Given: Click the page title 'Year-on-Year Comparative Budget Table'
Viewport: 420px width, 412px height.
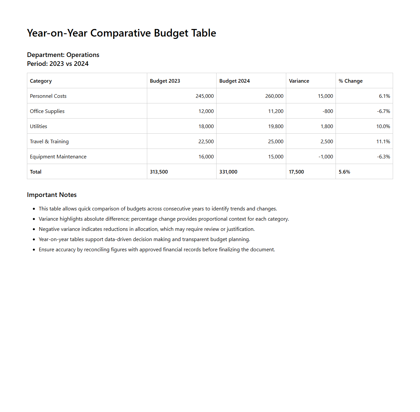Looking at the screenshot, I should point(121,33).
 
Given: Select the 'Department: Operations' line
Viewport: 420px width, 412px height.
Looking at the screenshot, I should point(63,55).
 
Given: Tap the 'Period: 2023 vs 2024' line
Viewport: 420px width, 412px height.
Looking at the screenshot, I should point(58,64).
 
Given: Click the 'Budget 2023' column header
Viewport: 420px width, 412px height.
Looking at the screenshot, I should point(165,81).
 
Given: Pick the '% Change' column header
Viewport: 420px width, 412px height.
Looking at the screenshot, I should point(351,81).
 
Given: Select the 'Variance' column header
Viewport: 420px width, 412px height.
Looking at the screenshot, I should point(299,81).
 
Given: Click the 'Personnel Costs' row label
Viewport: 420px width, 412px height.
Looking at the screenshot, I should point(48,96).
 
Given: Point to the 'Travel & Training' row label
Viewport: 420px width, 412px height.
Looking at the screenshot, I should point(49,142).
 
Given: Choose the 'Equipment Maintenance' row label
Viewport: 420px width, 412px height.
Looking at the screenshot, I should point(58,157).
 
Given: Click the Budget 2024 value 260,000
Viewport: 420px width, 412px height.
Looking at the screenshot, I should point(274,96).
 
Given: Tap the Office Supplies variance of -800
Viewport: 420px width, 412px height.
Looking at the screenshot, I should point(328,111).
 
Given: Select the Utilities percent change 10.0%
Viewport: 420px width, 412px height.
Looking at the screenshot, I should point(383,126).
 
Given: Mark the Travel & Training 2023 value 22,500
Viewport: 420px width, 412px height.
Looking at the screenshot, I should point(206,142).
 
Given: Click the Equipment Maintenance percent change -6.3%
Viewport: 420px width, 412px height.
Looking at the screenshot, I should point(384,157).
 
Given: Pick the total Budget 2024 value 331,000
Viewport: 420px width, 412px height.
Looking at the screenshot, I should point(228,172).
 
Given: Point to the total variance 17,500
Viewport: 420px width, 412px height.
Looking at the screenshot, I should point(296,172).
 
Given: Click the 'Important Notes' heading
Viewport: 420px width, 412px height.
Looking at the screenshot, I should point(52,195).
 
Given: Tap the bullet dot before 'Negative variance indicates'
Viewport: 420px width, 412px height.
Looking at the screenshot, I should point(34,229).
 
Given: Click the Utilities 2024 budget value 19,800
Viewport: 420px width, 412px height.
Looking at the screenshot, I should point(276,126).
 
